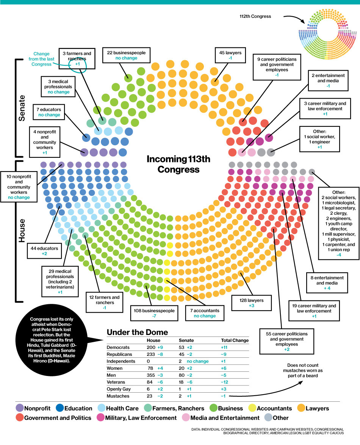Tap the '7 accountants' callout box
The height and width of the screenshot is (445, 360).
[x=205, y=313]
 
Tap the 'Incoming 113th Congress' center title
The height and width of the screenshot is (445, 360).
[x=178, y=164]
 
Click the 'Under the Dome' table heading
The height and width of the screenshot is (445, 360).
[x=137, y=332]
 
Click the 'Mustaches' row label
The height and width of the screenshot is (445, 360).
[x=118, y=396]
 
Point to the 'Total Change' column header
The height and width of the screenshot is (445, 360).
[x=235, y=340]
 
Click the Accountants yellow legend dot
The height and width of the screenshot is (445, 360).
[x=251, y=409]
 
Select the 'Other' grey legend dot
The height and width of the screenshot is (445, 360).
[x=269, y=418]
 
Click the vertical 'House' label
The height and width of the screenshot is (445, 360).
[x=22, y=231]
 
